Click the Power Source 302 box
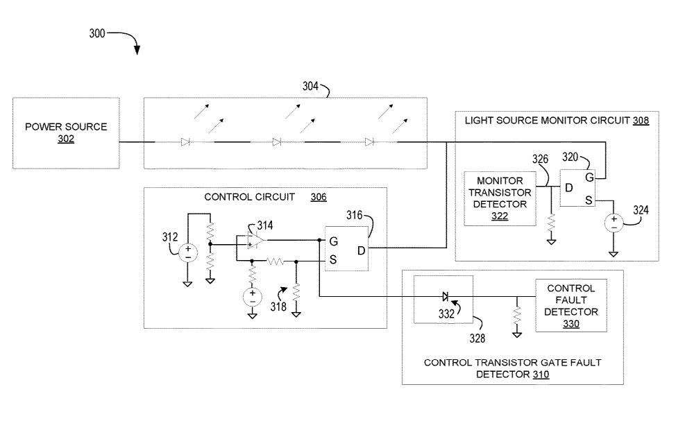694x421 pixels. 66,132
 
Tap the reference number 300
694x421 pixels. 98,33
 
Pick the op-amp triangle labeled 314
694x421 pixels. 255,240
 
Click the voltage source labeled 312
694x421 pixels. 187,252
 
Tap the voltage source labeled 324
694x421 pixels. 613,223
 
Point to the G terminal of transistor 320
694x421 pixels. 589,178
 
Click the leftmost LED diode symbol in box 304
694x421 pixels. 185,142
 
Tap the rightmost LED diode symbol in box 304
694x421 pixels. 369,142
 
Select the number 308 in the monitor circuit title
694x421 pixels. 641,120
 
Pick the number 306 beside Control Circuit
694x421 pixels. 319,197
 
